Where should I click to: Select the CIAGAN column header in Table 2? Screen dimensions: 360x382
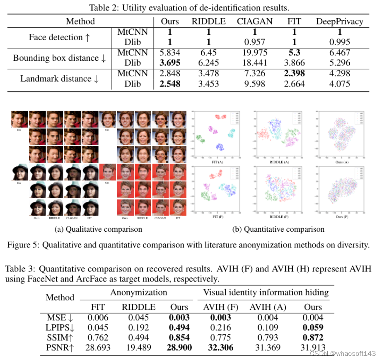[x=254, y=21]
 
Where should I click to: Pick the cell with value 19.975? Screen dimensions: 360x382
[x=254, y=53]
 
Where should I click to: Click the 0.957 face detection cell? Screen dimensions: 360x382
[x=254, y=42]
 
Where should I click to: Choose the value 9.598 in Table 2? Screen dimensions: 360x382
[x=254, y=84]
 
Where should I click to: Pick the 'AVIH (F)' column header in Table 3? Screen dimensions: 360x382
[x=221, y=307]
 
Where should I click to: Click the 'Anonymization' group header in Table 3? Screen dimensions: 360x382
[x=138, y=292]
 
